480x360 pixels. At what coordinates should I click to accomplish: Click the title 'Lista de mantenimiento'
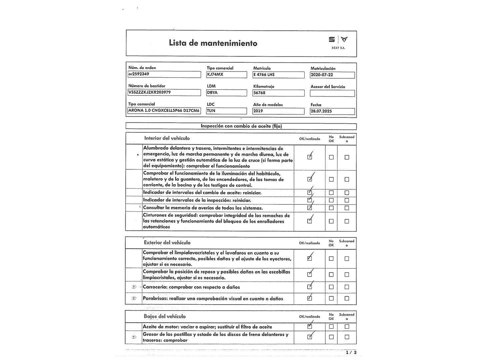pos(213,43)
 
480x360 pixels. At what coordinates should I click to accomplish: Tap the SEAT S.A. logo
pos(338,42)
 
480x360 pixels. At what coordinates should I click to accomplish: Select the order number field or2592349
pos(164,74)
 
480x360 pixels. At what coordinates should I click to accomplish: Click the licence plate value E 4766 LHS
pos(278,75)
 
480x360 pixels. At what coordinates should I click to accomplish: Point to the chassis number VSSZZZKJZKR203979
pos(164,92)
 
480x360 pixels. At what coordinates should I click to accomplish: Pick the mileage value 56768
pos(278,93)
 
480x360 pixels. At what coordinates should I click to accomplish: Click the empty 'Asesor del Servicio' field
pos(332,93)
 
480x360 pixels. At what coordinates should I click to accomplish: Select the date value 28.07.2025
pos(332,111)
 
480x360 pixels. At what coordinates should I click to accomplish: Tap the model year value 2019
pos(278,111)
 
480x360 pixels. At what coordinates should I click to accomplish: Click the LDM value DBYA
pos(226,92)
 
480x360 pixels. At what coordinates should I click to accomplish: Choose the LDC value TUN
pos(226,111)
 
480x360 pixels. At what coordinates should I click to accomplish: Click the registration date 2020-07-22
pos(332,75)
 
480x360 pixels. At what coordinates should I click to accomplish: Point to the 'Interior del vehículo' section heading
pos(167,138)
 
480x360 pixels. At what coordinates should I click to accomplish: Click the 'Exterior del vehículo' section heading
pos(167,243)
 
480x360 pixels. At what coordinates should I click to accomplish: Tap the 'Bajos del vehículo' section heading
pos(165,316)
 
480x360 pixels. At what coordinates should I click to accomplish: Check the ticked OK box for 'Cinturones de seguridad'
pos(310,221)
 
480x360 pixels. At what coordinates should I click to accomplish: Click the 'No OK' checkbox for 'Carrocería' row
pos(331,287)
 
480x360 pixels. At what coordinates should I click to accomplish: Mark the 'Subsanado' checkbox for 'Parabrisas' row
pos(347,298)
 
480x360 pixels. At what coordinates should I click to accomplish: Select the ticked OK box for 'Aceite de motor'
pos(310,326)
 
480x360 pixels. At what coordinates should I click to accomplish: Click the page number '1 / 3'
pos(351,352)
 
